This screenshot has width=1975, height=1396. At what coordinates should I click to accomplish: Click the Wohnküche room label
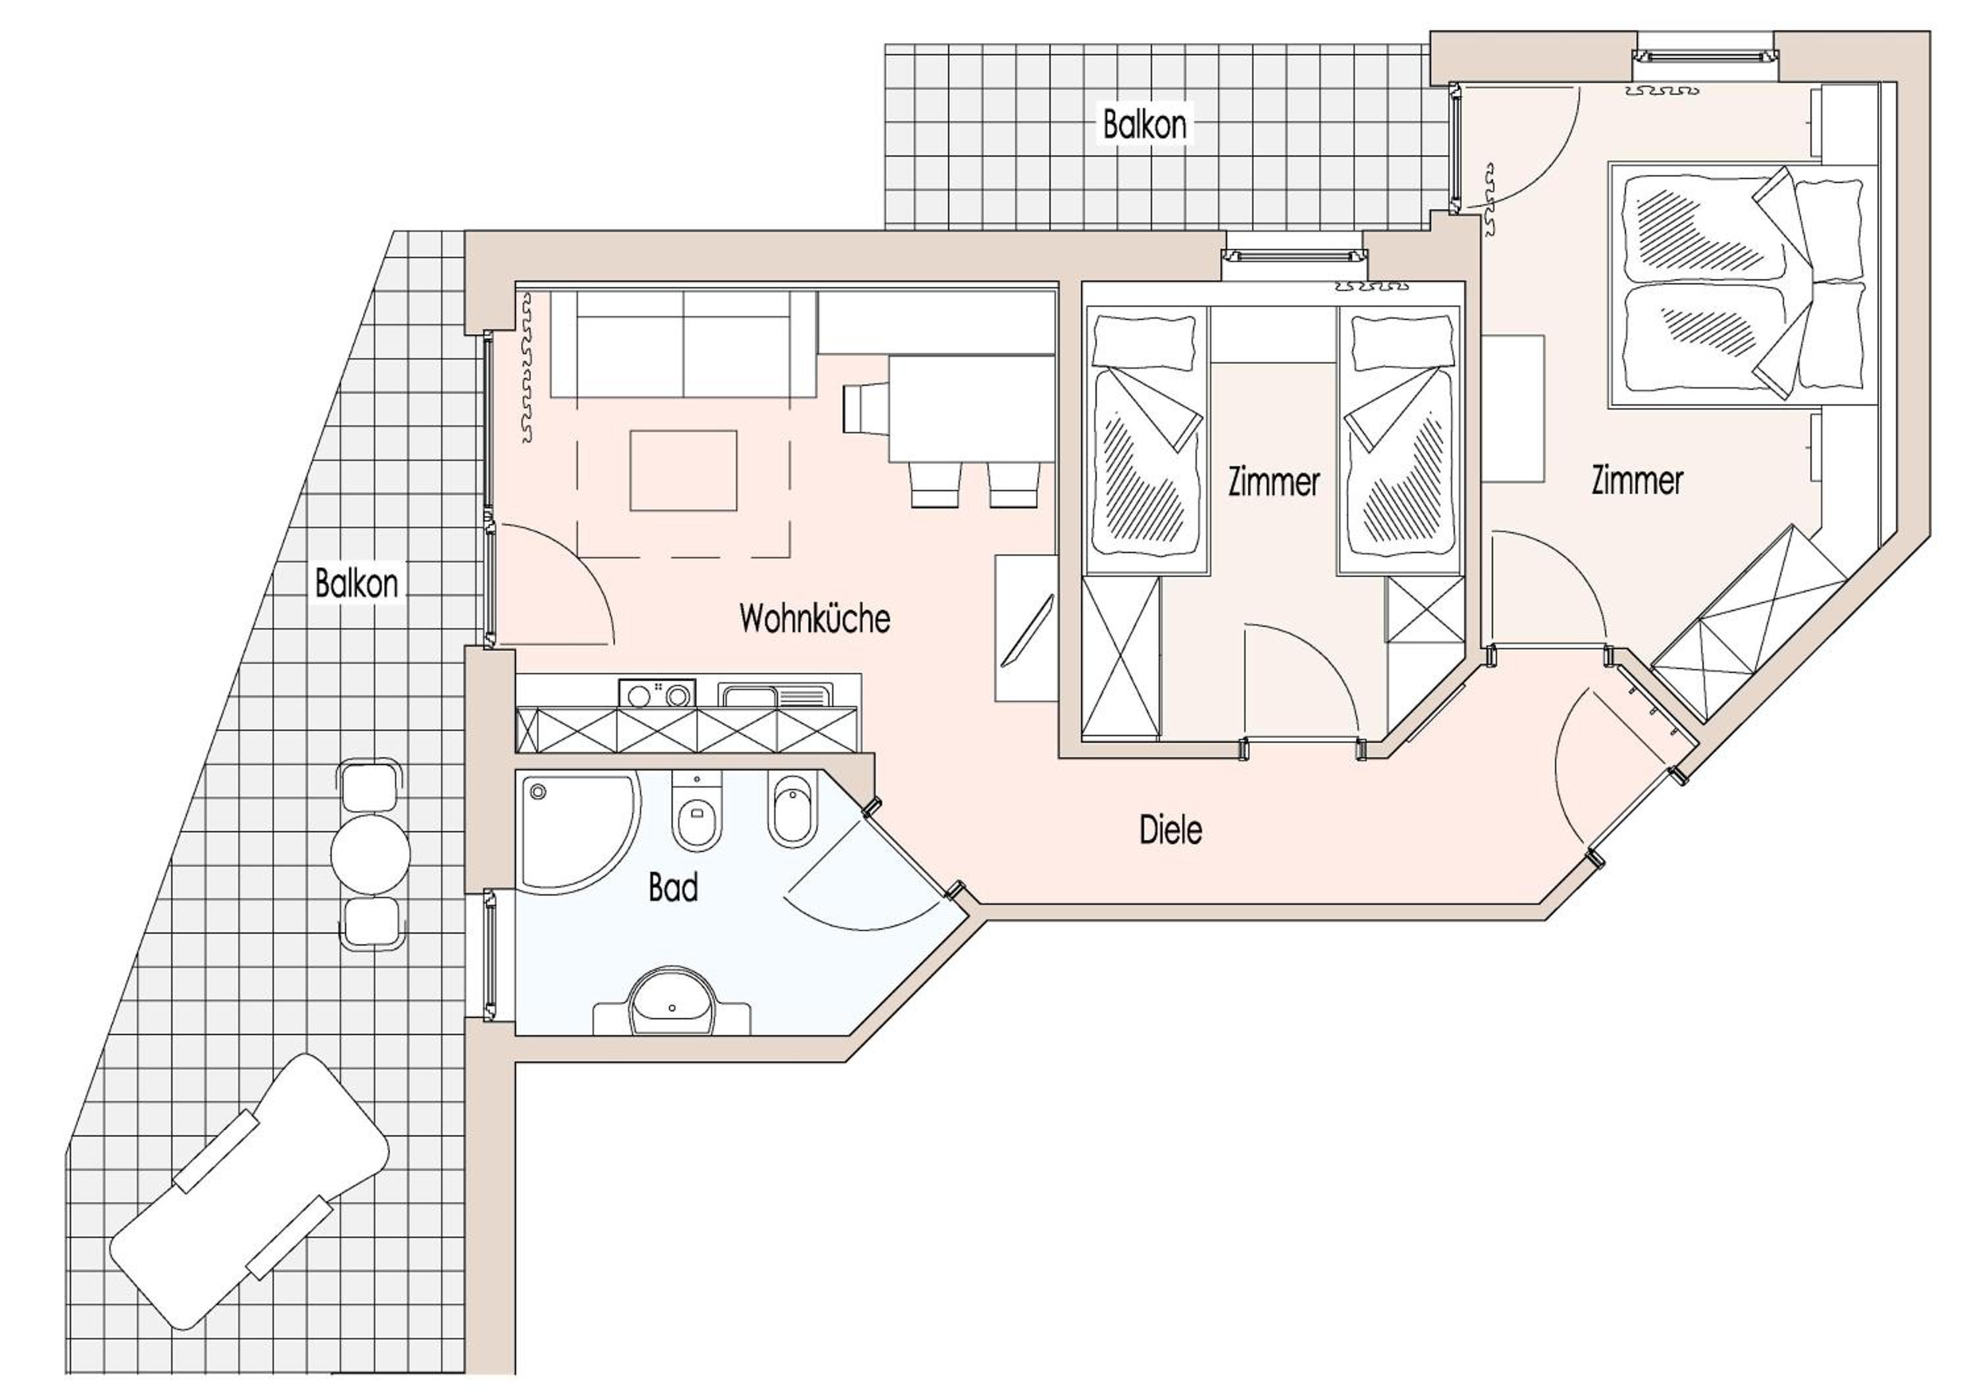(814, 618)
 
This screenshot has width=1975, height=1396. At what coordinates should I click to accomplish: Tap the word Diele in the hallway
(1171, 830)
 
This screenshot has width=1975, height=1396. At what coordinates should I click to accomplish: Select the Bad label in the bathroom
(673, 887)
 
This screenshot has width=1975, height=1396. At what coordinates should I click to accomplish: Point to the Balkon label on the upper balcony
(1145, 124)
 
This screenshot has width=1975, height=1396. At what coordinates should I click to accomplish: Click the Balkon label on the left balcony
(356, 583)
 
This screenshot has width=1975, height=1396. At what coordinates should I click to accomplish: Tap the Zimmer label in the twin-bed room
(1274, 481)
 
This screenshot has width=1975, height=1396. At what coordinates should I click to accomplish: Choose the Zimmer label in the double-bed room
(1637, 480)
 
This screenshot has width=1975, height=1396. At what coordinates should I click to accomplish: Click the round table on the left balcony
(370, 854)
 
